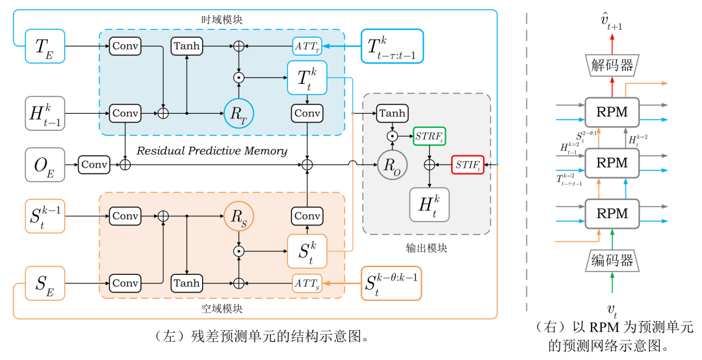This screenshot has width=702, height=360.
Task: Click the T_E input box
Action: tap(45, 46)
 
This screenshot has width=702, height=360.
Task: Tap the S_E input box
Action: tap(45, 283)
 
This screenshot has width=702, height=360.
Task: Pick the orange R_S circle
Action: tap(239, 215)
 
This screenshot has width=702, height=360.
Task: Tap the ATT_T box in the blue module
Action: tap(307, 46)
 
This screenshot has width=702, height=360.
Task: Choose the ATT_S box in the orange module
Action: tap(307, 283)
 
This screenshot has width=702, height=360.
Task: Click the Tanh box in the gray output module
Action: tap(392, 113)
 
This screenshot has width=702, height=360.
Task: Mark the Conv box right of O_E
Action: tap(94, 164)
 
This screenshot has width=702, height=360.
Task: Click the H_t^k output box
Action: tap(429, 204)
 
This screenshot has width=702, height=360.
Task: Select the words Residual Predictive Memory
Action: tap(211, 151)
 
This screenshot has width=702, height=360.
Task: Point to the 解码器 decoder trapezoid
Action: tap(611, 64)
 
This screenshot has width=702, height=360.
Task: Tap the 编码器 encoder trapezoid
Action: tap(611, 261)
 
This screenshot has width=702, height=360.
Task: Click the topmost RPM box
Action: tap(611, 111)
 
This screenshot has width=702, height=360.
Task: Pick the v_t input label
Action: tap(612, 308)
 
